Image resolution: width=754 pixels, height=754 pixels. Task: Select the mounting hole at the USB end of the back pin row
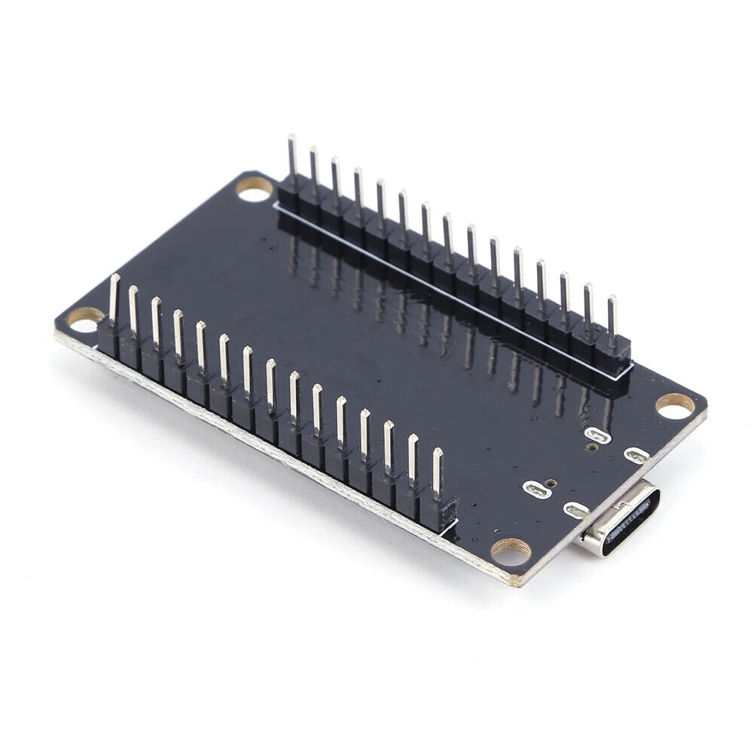[675, 406]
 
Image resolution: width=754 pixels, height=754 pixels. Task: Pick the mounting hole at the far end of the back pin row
[255, 189]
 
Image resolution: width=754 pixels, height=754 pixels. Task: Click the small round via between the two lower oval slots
[554, 484]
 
